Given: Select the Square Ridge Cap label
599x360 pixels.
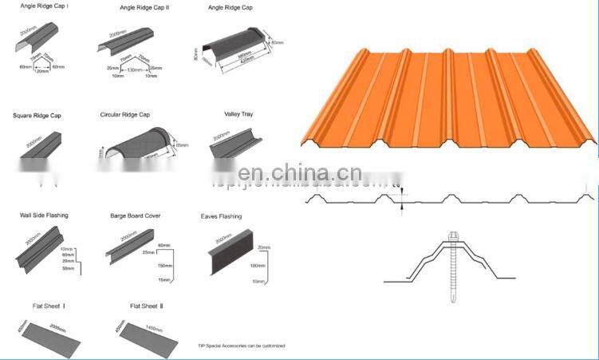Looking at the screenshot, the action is (x=37, y=116).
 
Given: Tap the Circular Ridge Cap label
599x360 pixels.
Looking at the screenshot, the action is (x=124, y=115).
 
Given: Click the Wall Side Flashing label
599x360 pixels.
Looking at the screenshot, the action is (x=44, y=216).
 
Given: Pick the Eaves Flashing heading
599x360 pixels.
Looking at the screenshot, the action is (x=221, y=216).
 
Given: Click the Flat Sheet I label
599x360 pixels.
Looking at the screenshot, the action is (x=49, y=306).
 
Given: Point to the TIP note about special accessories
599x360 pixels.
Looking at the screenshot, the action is (x=241, y=346).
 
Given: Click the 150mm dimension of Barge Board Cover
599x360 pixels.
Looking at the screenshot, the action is (x=165, y=265).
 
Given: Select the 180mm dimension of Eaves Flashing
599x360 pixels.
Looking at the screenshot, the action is (x=257, y=265).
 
